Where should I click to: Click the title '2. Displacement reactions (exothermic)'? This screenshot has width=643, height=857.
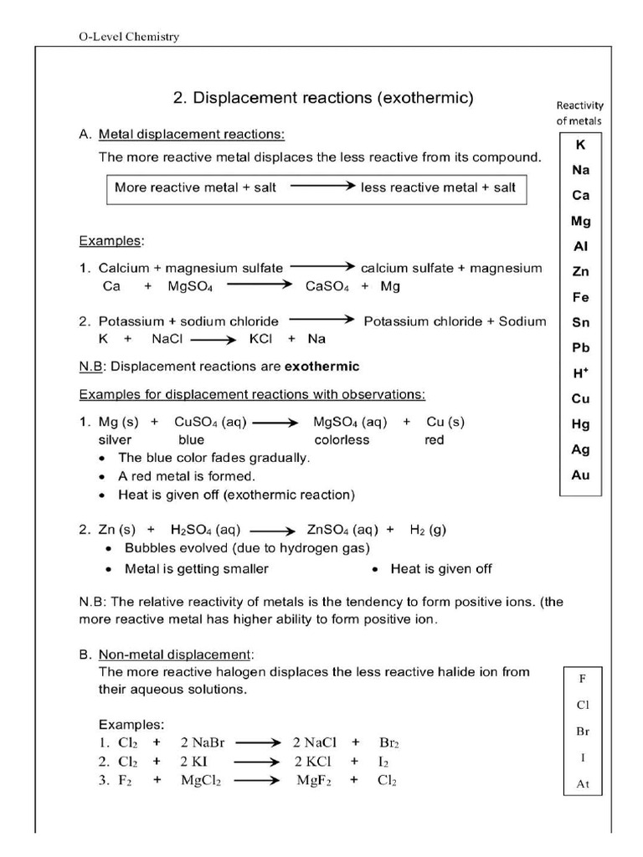pos(322,98)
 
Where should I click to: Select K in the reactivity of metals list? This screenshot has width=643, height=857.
pos(580,145)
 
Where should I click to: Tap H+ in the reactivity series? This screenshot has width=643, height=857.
pos(580,373)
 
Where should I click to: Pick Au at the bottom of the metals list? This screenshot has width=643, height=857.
pos(580,475)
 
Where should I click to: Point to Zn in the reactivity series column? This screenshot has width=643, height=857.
pos(580,271)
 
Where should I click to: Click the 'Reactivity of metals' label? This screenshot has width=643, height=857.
pos(579,113)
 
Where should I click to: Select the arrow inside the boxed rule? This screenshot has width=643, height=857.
pos(318,187)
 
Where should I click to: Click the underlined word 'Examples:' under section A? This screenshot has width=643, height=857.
pos(111,241)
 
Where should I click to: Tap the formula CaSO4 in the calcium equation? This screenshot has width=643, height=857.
pos(327,286)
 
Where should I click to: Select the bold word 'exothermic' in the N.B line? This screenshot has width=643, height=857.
pos(322,367)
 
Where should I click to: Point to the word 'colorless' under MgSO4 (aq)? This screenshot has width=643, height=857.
pos(342,439)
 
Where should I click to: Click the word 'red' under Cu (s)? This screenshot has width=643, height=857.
pos(434,439)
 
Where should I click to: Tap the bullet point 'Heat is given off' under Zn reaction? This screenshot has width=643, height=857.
pos(440,569)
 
